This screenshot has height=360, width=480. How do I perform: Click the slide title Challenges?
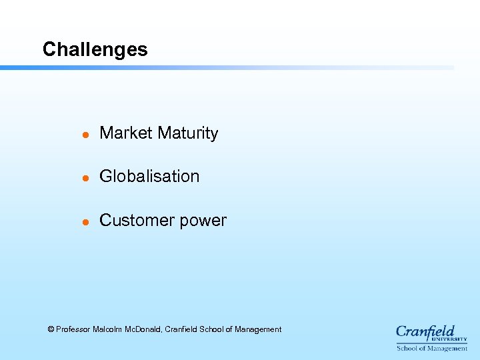pyautogui.click(x=95, y=50)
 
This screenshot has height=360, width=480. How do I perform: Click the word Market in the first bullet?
pyautogui.click(x=126, y=133)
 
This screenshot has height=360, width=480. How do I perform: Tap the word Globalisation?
pyautogui.click(x=149, y=177)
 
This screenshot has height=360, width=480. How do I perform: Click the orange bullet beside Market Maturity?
pyautogui.click(x=85, y=135)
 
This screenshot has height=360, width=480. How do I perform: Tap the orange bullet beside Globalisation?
pyautogui.click(x=85, y=178)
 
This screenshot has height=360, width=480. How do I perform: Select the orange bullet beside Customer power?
pyautogui.click(x=85, y=222)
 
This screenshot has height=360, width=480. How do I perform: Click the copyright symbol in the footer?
pyautogui.click(x=51, y=329)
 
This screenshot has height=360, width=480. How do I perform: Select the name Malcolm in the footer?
pyautogui.click(x=107, y=329)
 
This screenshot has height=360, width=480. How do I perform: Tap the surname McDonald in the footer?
pyautogui.click(x=143, y=329)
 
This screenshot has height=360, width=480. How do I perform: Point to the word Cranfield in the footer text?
pyautogui.click(x=180, y=329)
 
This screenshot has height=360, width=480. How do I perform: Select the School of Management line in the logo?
pyautogui.click(x=432, y=349)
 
